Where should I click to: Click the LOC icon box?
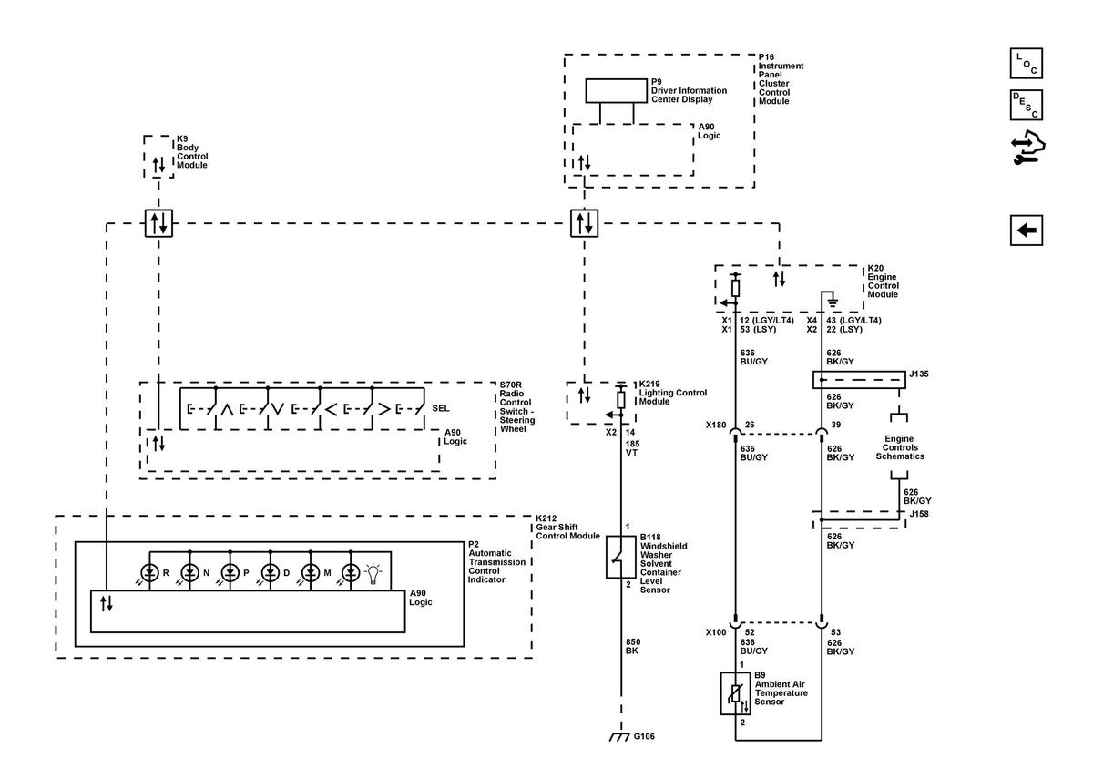(x=1027, y=64)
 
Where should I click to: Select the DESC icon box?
(x=1027, y=105)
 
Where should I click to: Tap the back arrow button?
(x=1027, y=231)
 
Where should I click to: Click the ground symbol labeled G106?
(x=619, y=737)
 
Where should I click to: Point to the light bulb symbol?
(x=373, y=573)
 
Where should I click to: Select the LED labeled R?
(x=149, y=573)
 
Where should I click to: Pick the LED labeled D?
(x=271, y=573)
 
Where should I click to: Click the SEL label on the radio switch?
(x=440, y=408)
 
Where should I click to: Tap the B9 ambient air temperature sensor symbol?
(x=735, y=693)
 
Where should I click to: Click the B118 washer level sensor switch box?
(x=620, y=557)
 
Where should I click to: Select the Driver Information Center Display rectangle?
(x=617, y=91)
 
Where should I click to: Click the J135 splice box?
(x=859, y=380)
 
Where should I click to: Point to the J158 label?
(x=919, y=514)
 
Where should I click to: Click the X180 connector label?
(x=716, y=425)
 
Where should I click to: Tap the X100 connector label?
(x=716, y=632)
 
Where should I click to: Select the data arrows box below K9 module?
(x=158, y=223)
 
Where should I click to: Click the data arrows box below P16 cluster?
(x=584, y=223)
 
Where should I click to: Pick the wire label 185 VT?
(x=632, y=448)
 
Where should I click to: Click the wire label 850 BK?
(x=633, y=646)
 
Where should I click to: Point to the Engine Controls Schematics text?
(x=900, y=447)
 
